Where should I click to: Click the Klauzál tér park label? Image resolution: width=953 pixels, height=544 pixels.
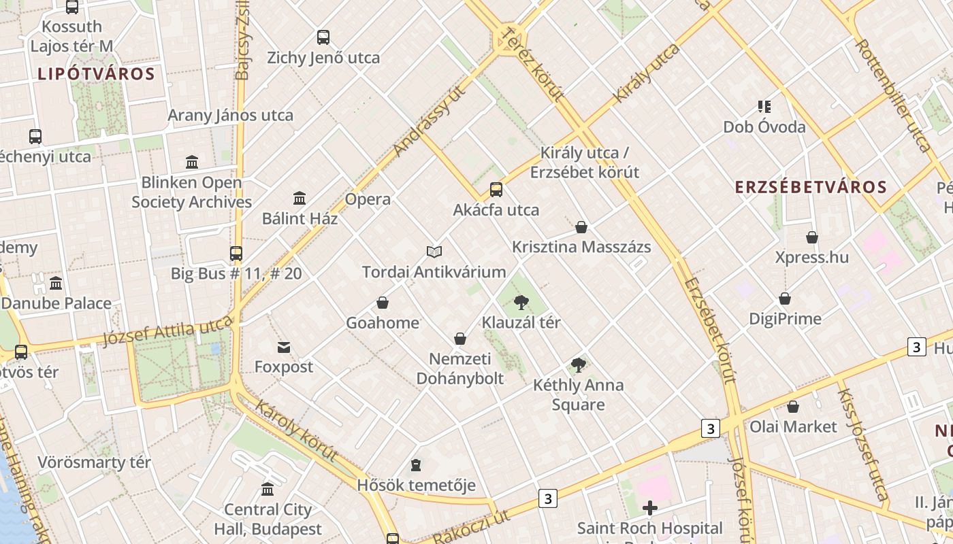click(521, 322)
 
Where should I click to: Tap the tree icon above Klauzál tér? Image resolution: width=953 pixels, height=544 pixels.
click(521, 302)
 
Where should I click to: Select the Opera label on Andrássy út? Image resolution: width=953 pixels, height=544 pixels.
click(368, 199)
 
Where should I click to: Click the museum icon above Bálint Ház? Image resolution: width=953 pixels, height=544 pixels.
click(300, 198)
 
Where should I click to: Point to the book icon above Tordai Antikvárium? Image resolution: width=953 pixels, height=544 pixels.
click(434, 252)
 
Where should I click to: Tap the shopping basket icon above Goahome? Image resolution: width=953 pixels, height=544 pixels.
click(383, 302)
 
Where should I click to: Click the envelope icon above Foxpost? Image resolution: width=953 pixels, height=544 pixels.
click(284, 347)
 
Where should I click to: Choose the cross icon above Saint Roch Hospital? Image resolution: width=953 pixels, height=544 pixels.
click(650, 508)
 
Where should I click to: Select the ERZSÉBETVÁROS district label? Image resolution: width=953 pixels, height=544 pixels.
click(811, 187)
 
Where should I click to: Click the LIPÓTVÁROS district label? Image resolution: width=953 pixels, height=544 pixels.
click(97, 73)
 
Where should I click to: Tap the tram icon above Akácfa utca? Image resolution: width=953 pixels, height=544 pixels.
click(496, 189)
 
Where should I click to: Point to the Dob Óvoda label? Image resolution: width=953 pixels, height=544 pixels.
click(764, 127)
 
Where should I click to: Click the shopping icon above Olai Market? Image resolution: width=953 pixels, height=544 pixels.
click(793, 407)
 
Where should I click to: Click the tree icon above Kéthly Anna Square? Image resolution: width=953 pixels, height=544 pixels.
click(579, 365)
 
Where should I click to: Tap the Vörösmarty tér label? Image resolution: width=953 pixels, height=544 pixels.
click(94, 462)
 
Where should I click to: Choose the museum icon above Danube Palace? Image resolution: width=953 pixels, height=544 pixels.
click(56, 283)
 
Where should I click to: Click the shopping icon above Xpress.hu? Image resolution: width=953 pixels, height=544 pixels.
click(812, 237)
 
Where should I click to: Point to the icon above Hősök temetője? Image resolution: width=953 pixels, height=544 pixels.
click(416, 466)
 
